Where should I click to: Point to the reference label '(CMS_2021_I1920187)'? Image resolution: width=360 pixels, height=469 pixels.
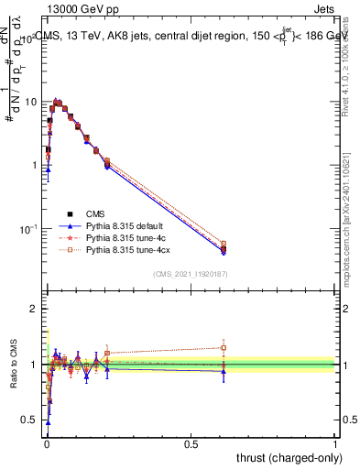coord(191,274)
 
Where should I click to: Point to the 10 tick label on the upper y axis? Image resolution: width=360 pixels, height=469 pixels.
coord(28,102)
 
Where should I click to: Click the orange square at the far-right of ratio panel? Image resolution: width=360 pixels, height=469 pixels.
coord(223,347)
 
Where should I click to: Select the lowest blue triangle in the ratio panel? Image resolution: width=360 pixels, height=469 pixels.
coord(48,422)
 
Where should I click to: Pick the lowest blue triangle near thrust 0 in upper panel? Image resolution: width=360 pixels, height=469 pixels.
coord(48,169)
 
